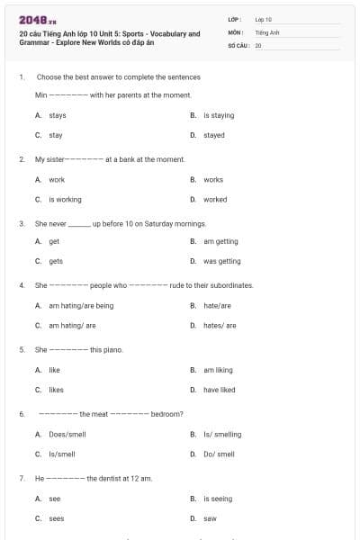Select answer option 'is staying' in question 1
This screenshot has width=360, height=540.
coord(219,115)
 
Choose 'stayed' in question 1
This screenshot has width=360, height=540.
coord(214,135)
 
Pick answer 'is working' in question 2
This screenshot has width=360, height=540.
coord(65,199)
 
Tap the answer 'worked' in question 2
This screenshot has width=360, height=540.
coord(215,199)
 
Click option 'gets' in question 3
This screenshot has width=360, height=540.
coord(56,261)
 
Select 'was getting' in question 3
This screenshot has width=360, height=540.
coord(221,261)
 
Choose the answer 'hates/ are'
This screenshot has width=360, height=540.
coord(220,325)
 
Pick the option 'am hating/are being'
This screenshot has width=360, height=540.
coord(81,305)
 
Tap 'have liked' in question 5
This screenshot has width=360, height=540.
coord(219,390)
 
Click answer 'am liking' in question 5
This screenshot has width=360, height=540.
coord(218,370)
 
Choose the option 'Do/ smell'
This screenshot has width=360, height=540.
coord(219,454)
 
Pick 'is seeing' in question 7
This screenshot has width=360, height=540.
coord(218,498)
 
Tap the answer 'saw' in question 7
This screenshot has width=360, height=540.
coord(210,518)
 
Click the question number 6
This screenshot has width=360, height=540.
coord(22,414)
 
